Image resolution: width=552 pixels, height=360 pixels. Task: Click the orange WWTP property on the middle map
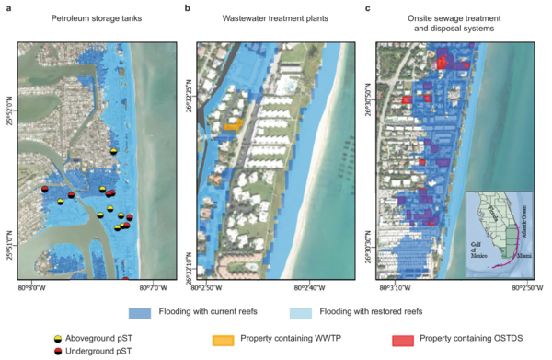coord(234,123)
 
